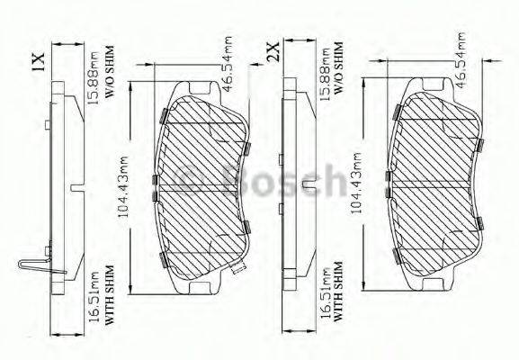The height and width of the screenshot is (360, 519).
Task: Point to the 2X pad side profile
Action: click(291, 180)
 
